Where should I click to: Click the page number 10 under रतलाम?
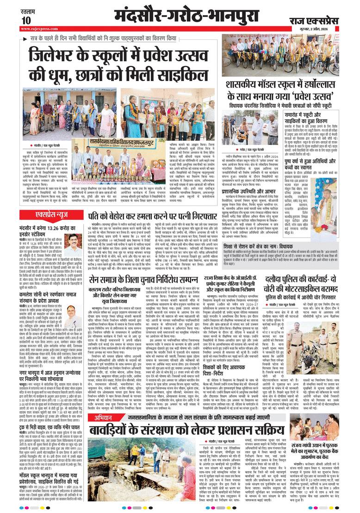[26, 20]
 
